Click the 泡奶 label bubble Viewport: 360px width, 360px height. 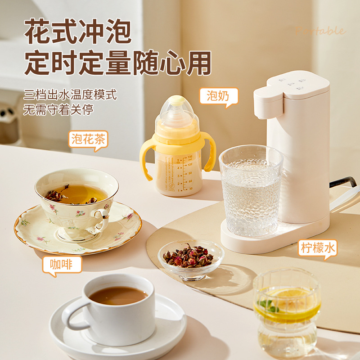218,96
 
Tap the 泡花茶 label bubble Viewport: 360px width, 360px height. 88,139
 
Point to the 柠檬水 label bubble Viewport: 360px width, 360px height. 318,247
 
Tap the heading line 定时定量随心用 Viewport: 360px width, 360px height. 117,63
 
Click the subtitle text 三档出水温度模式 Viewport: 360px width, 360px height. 70,95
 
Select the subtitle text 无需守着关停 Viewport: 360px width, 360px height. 58,109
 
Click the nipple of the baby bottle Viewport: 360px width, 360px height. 177,105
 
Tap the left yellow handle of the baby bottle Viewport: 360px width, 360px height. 146,155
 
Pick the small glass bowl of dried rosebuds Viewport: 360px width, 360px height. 191,258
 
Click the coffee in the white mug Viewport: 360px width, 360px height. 118,295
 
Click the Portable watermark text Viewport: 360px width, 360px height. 321,31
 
